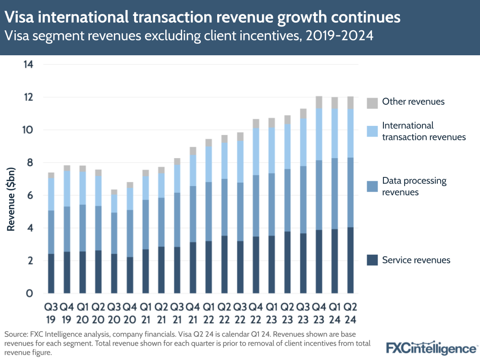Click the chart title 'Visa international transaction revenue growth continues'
point(202,18)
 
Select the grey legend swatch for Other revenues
point(372,102)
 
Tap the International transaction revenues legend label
point(423,131)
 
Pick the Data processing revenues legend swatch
point(372,186)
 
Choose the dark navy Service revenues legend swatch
point(372,260)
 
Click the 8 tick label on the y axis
point(29,163)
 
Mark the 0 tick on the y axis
point(29,293)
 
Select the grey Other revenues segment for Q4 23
point(319,102)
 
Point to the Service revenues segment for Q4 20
point(130,275)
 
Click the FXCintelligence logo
point(431,348)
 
